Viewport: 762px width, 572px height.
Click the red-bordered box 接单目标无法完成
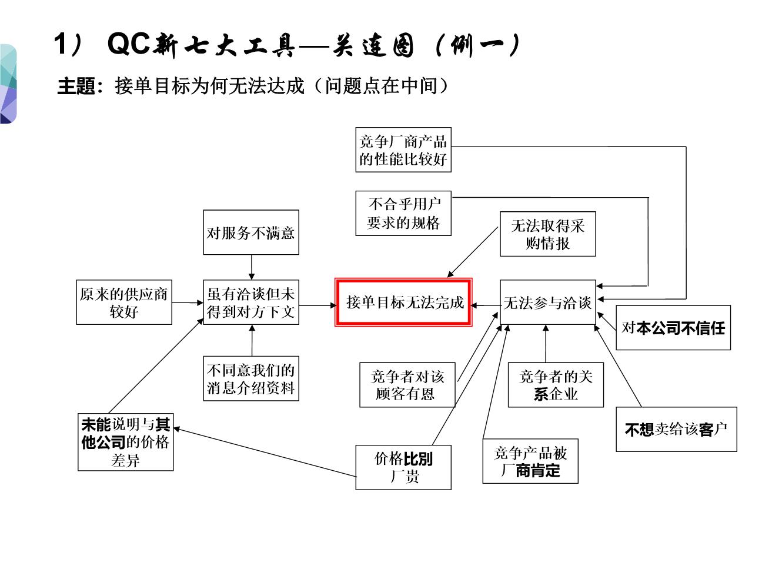pyautogui.click(x=404, y=302)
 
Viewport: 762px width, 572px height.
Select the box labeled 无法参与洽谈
pyautogui.click(x=547, y=302)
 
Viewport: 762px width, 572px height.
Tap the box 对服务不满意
pyautogui.click(x=251, y=232)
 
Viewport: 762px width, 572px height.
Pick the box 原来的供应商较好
pyautogui.click(x=124, y=302)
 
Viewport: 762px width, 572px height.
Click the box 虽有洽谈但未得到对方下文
pyautogui.click(x=251, y=302)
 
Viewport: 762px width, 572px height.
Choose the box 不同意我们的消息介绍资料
pyautogui.click(x=251, y=378)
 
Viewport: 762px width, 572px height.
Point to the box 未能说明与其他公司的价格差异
pyautogui.click(x=125, y=442)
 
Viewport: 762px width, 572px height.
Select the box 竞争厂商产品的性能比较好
pyautogui.click(x=403, y=150)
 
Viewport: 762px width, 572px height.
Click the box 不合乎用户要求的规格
pyautogui.click(x=403, y=213)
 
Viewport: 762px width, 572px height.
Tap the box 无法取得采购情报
pyautogui.click(x=547, y=234)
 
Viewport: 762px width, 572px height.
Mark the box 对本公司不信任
pyautogui.click(x=673, y=328)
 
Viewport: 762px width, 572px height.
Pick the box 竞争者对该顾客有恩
pyautogui.click(x=407, y=385)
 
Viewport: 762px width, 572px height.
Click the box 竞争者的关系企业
pyautogui.click(x=556, y=385)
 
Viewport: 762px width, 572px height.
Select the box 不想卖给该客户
pyautogui.click(x=676, y=429)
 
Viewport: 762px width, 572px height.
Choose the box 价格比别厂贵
pyautogui.click(x=403, y=467)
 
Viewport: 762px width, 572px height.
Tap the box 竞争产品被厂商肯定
pyautogui.click(x=530, y=461)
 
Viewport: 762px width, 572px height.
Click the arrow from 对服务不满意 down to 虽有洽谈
pyautogui.click(x=252, y=267)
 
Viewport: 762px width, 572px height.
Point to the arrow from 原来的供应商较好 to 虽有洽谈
pyautogui.click(x=188, y=303)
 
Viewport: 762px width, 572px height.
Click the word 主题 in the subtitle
pyautogui.click(x=76, y=87)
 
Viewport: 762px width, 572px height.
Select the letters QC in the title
pyautogui.click(x=129, y=44)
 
